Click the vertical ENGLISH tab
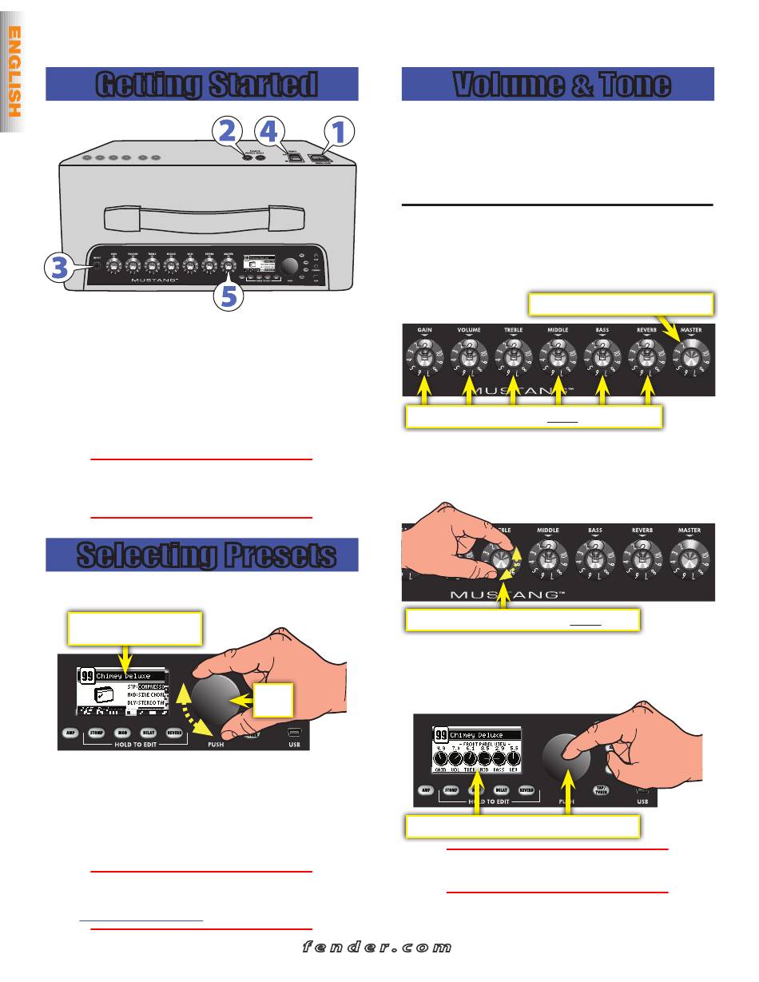[x=14, y=72]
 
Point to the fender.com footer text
[x=378, y=948]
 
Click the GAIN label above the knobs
[x=424, y=328]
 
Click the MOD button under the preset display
[x=122, y=732]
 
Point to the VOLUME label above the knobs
[x=468, y=328]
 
